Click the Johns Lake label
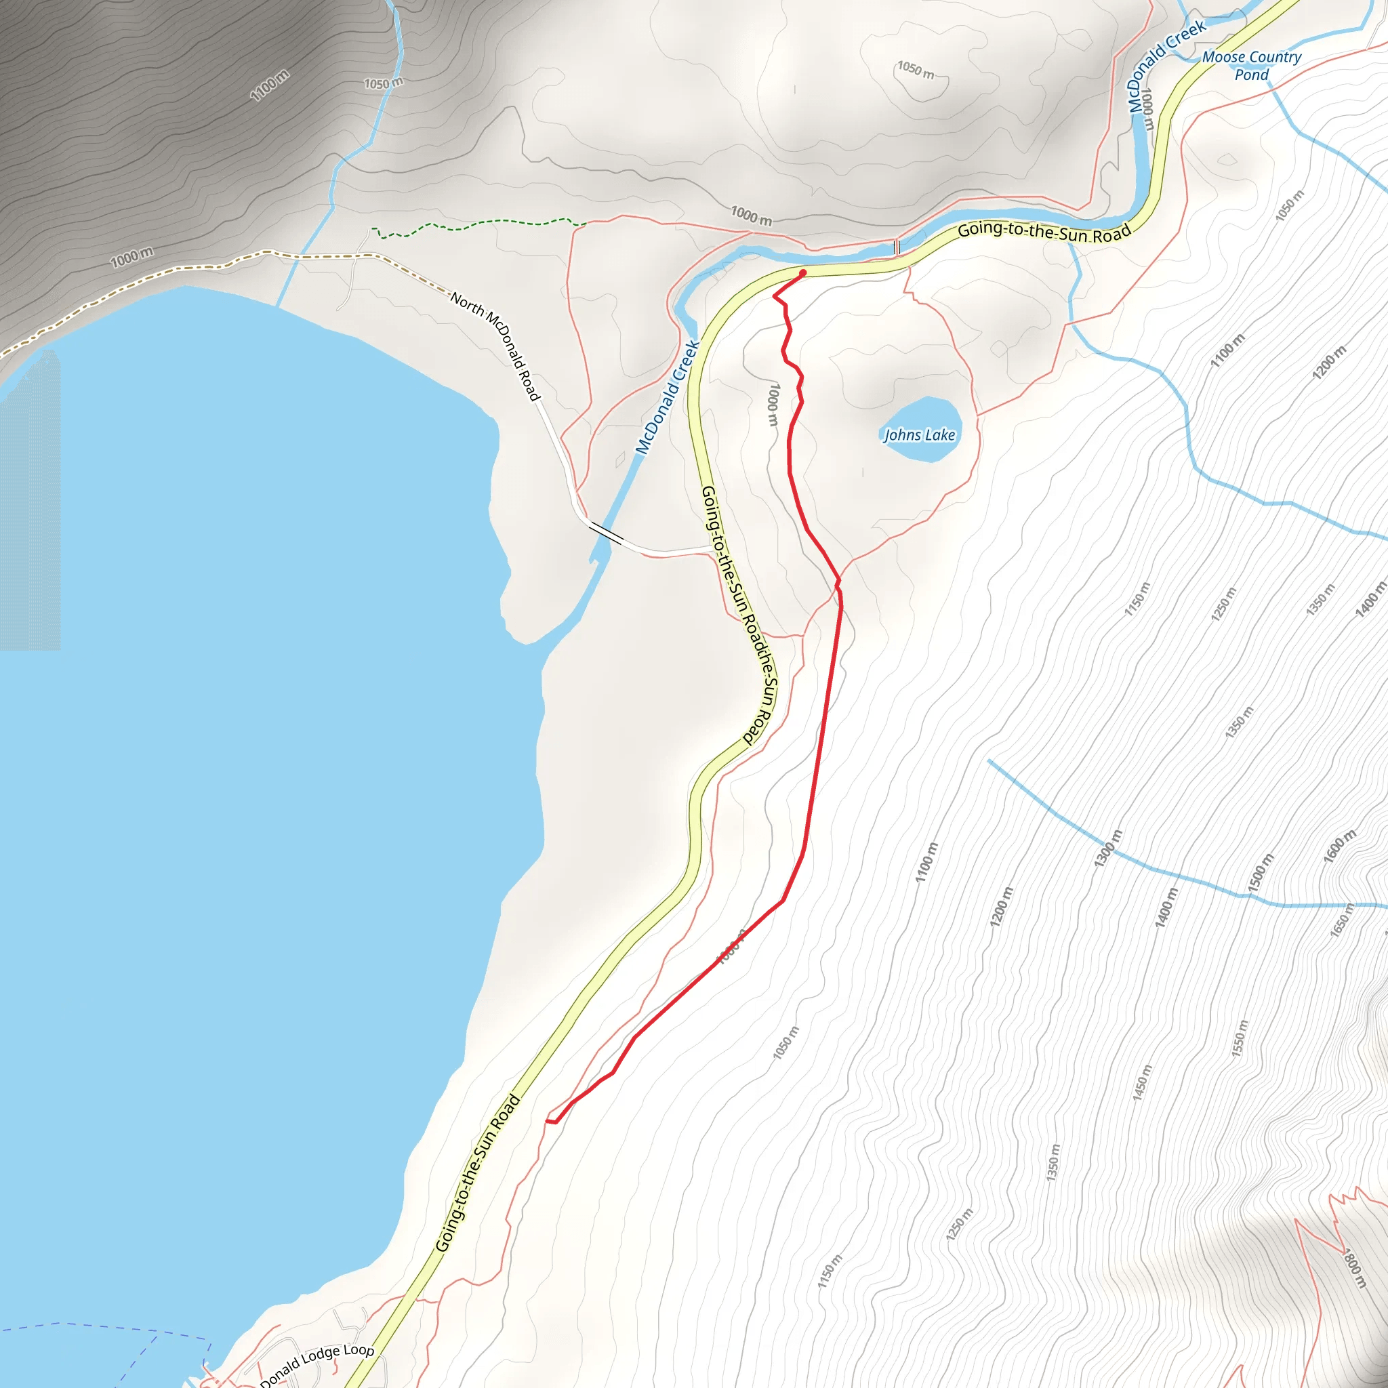pos(919,434)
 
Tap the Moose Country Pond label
pos(1252,65)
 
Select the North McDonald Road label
pos(495,346)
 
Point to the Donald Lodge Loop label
pos(317,1364)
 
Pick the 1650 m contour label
pos(1341,920)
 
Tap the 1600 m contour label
pos(1340,846)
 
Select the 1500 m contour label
pos(1261,873)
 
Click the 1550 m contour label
pos(1240,1038)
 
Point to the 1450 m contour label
pos(1141,1082)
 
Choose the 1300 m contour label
pos(1108,848)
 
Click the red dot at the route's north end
pos(802,273)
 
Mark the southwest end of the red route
pos(548,1121)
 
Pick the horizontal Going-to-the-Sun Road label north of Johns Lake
pos(1044,232)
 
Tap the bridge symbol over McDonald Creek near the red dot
pos(896,247)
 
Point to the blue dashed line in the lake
pos(108,1326)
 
